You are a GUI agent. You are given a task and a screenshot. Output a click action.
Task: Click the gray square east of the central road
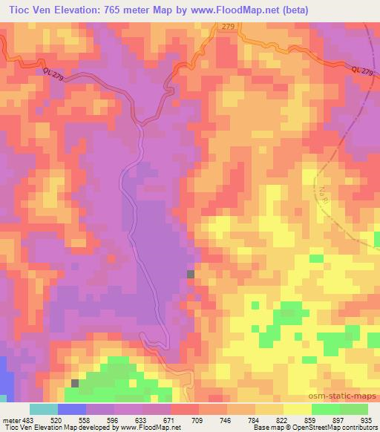pos(191,275)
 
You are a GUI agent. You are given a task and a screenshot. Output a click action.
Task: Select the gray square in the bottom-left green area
pos(75,383)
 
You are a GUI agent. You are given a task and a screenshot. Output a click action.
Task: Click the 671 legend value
pos(169,419)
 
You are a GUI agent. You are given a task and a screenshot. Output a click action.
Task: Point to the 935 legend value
pos(367,419)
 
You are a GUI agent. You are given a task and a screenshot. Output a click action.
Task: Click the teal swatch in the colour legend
pos(44,409)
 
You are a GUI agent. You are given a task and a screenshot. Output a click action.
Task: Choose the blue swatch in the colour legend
pos(72,409)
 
